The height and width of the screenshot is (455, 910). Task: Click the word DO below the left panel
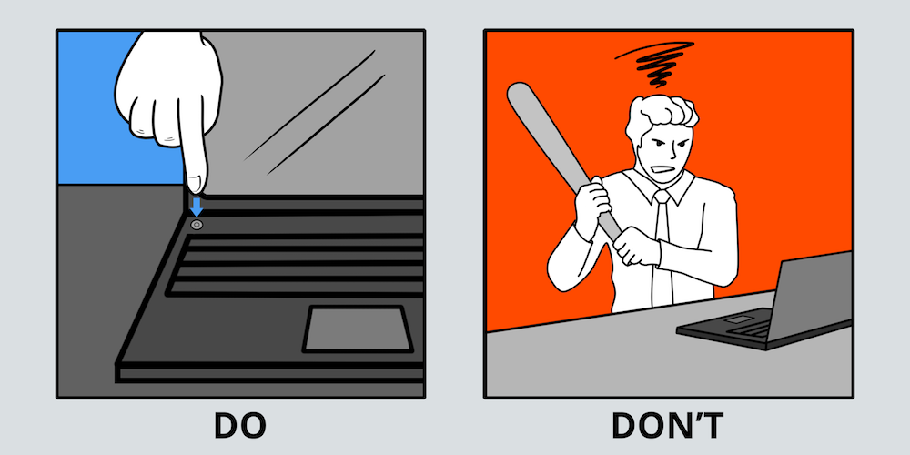(x=239, y=426)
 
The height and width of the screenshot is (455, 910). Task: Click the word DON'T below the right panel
(x=667, y=426)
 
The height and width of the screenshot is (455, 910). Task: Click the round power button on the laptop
(x=197, y=225)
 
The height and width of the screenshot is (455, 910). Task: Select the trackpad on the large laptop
(x=358, y=329)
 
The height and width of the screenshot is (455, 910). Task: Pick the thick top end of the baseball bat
(x=519, y=95)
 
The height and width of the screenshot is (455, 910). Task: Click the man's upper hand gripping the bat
(x=591, y=203)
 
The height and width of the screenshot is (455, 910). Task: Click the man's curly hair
(x=662, y=113)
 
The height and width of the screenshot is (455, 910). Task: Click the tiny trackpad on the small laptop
(x=737, y=319)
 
